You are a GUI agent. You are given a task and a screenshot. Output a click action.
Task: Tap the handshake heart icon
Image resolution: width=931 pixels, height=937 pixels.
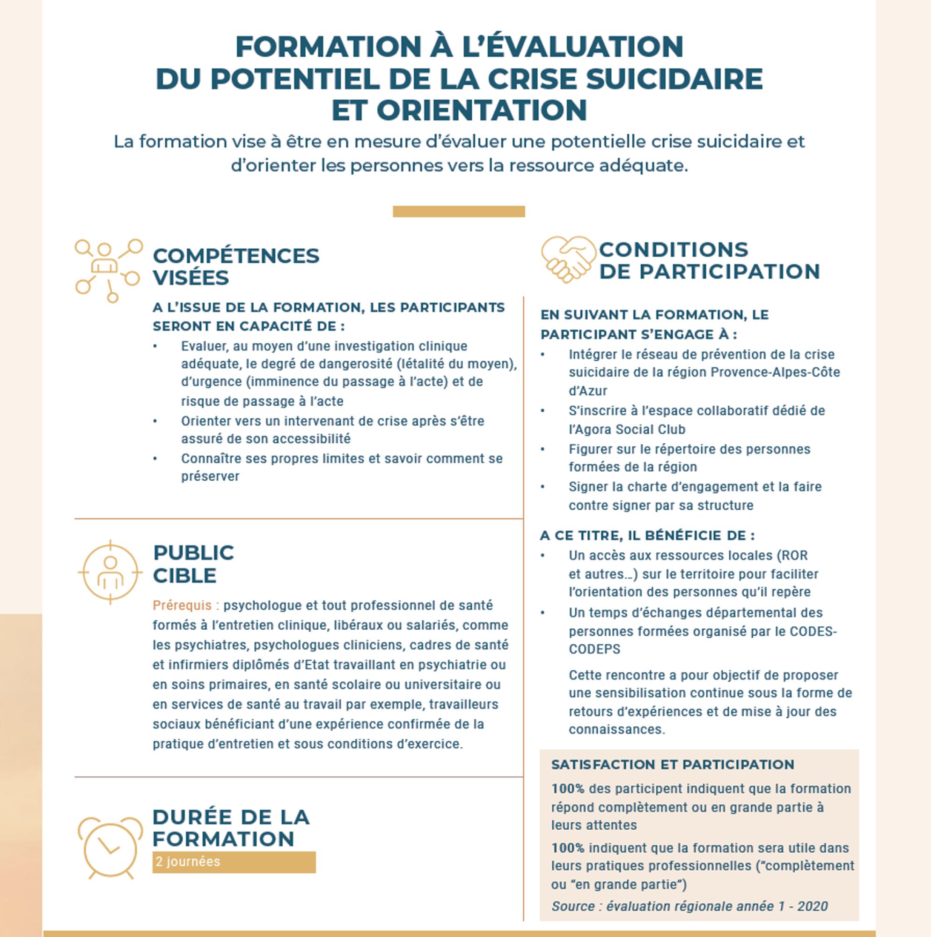tap(568, 259)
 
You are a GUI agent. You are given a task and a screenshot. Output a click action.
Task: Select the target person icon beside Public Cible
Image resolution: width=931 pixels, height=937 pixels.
tap(110, 573)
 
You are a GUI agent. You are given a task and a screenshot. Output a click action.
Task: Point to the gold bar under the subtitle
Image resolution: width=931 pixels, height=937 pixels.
tap(458, 211)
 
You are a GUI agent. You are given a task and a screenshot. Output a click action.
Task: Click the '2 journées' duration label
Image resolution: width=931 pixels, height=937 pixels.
tap(188, 862)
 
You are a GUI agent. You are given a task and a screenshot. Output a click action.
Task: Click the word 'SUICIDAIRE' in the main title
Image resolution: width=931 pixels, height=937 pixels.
tap(674, 79)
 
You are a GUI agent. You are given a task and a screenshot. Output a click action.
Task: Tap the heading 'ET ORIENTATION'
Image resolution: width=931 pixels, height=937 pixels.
tap(459, 110)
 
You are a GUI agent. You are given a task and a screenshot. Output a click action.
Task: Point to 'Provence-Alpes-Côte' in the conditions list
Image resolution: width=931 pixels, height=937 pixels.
tap(775, 372)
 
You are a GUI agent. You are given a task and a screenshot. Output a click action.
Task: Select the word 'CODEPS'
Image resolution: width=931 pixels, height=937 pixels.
tap(594, 649)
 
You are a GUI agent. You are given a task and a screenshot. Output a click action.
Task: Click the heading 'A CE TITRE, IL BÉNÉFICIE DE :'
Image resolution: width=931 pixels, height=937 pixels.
tap(647, 535)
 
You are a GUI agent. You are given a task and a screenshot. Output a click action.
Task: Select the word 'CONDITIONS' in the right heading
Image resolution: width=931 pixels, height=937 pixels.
tap(674, 249)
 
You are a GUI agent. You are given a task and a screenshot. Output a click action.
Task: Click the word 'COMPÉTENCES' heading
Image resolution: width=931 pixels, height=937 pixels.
tap(236, 256)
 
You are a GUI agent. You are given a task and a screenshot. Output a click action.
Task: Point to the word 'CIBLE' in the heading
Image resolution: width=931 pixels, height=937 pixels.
tap(184, 576)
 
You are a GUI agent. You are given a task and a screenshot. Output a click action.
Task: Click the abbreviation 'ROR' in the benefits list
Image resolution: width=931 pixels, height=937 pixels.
tap(795, 555)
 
